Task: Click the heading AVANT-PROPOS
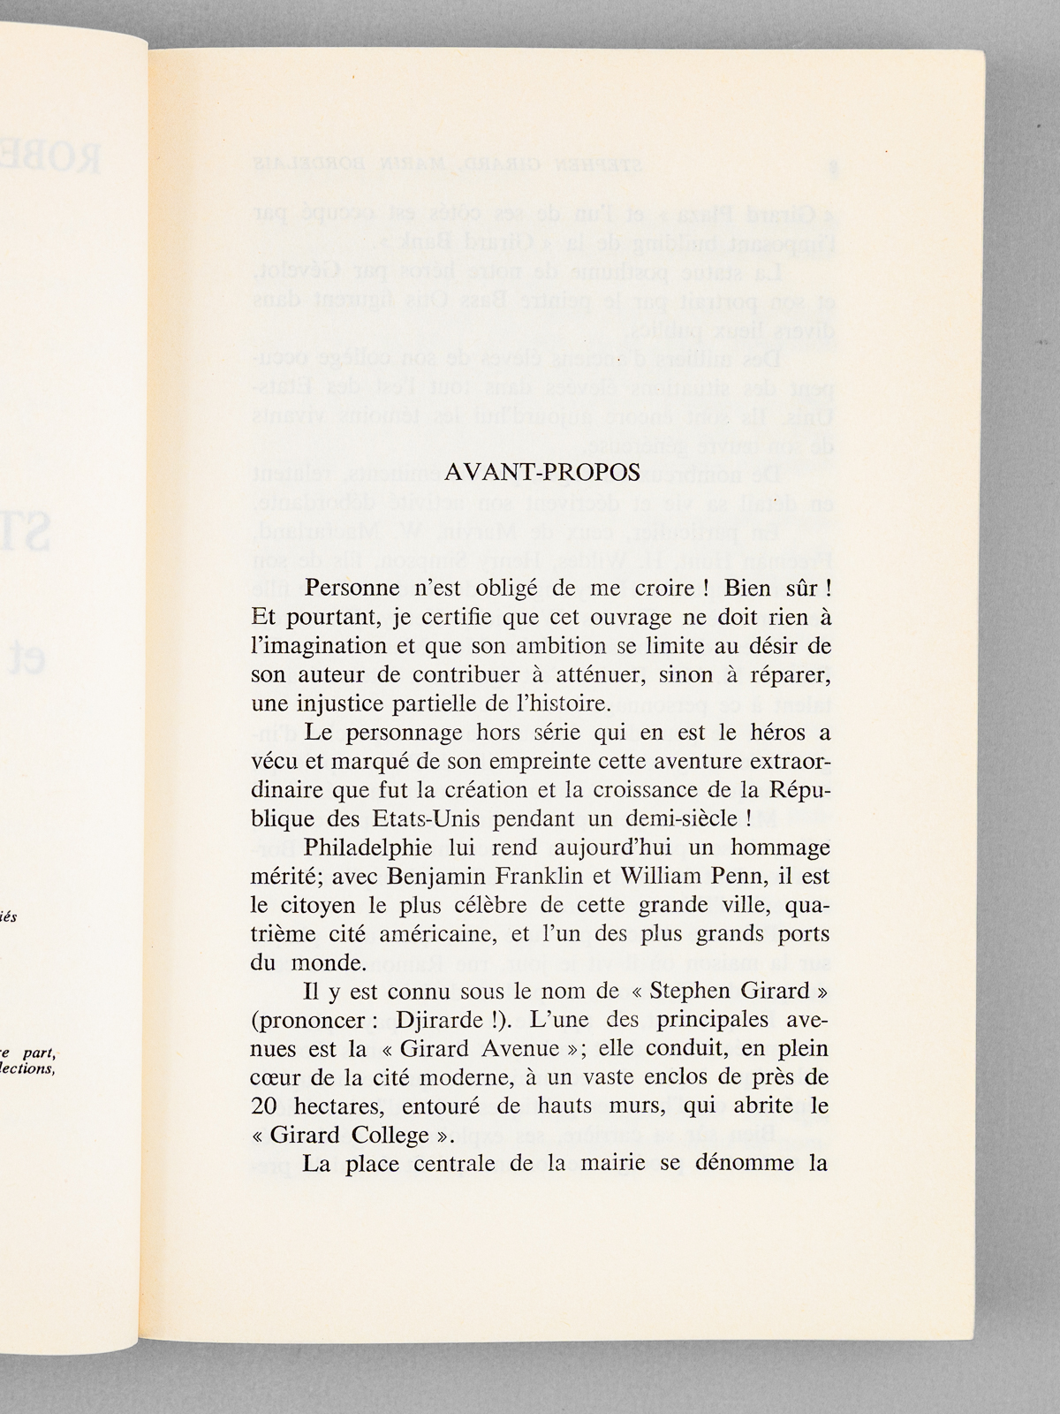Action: point(541,471)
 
